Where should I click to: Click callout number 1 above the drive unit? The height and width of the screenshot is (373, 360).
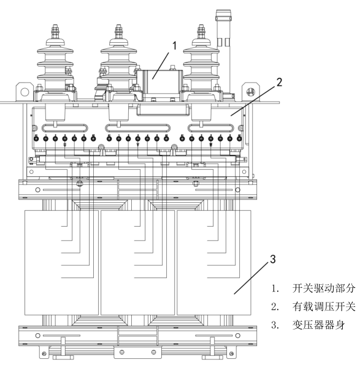[x=175, y=46]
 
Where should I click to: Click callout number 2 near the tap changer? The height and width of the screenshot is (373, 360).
[x=279, y=82]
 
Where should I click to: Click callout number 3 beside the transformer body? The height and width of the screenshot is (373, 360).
[x=273, y=259]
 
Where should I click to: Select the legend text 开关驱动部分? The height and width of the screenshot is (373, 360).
[x=324, y=288]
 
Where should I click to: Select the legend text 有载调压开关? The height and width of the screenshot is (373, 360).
[x=324, y=306]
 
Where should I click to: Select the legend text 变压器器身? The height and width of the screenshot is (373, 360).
[x=318, y=325]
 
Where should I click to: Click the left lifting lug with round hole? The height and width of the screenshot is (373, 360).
[x=25, y=92]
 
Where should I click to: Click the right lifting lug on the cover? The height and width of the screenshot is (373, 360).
[x=250, y=92]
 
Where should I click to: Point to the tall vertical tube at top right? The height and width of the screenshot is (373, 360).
[x=223, y=51]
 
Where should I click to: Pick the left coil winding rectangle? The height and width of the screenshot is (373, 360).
[x=62, y=263]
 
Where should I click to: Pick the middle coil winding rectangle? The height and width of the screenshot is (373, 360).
[x=138, y=263]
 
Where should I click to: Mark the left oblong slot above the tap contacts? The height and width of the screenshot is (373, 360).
[x=65, y=128]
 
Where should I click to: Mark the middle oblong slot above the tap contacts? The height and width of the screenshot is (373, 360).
[x=138, y=128]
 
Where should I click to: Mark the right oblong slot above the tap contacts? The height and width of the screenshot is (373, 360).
[x=211, y=128]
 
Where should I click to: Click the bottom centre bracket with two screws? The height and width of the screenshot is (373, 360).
[x=138, y=352]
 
